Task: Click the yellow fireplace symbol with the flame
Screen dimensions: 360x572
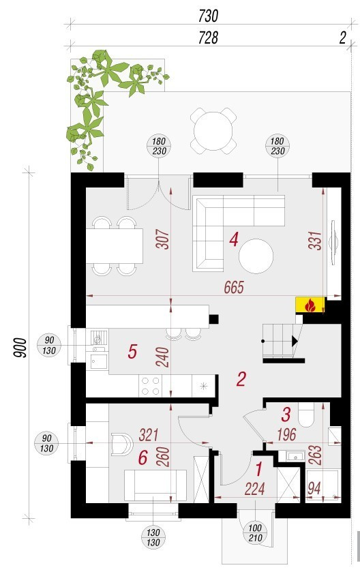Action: (x=310, y=305)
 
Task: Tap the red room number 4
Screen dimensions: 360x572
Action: (x=234, y=240)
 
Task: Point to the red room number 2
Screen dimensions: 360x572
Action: (x=241, y=379)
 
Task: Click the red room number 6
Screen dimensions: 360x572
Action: (x=143, y=458)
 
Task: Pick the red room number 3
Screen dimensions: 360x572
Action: (x=286, y=415)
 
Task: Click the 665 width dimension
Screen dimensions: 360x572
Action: (x=234, y=288)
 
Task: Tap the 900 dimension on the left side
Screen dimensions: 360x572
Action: (x=20, y=348)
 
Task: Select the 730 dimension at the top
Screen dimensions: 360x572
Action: (x=208, y=16)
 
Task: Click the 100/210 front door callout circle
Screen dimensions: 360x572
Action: (x=255, y=533)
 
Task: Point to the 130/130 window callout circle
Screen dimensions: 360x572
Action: (x=153, y=537)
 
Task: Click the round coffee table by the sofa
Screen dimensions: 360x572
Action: (x=256, y=256)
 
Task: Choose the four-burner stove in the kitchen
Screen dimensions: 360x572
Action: (x=151, y=386)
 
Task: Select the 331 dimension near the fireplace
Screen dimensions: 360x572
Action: (x=315, y=241)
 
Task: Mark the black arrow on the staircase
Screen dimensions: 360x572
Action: (x=295, y=341)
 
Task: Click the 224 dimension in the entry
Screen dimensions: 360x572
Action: (x=254, y=489)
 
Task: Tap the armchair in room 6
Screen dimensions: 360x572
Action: (x=121, y=444)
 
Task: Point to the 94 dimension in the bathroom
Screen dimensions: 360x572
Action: (x=314, y=488)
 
